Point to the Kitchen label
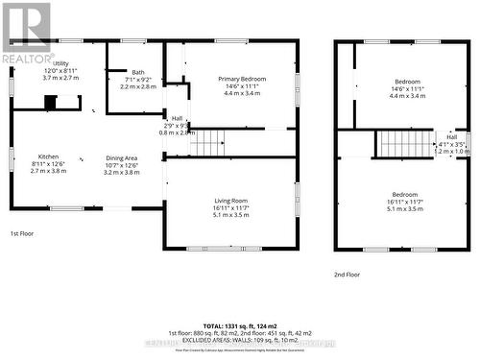[x=48, y=156]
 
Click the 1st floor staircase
[x=206, y=143]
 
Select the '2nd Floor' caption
[x=348, y=274]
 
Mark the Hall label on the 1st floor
[x=164, y=119]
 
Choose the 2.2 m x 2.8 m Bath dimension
[x=138, y=86]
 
